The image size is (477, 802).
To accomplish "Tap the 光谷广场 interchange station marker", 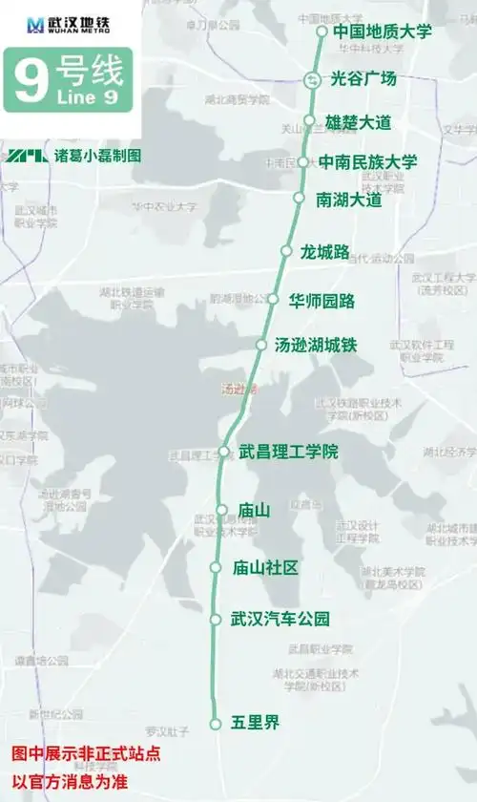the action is coord(312,80).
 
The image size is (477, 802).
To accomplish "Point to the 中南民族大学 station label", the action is coord(367,161).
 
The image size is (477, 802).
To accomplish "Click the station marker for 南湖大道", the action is coord(298,199).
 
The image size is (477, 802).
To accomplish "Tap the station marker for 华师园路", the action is coord(272,300).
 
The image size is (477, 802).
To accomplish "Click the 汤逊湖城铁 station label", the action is coord(315,345).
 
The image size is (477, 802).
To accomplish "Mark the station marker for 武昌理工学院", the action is coord(224,452).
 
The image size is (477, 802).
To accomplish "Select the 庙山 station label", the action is coord(254,511).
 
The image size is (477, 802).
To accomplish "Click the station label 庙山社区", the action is coord(265,568).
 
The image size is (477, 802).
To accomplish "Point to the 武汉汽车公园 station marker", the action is coord(216,620).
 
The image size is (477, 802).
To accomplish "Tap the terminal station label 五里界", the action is coord(255,723).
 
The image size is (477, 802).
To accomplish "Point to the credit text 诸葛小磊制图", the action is coord(97,155).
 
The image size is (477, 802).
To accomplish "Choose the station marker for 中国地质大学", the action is coord(321,32).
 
